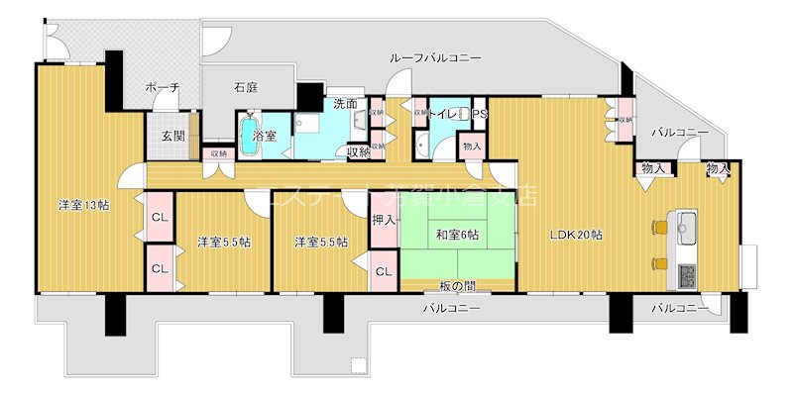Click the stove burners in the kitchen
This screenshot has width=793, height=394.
[x=685, y=272]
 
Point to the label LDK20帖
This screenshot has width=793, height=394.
[x=577, y=236]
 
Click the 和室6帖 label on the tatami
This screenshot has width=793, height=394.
[x=457, y=235]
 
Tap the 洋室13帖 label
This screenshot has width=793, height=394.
[x=83, y=205]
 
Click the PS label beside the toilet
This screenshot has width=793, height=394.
[x=480, y=115]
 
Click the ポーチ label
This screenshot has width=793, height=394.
[x=161, y=87]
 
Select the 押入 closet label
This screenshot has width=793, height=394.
[x=384, y=220]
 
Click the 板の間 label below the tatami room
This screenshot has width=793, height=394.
[x=457, y=285]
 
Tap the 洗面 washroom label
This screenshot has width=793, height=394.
[x=345, y=103]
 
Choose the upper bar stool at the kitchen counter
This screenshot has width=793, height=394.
[x=658, y=228]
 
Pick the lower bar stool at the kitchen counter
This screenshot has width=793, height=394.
[x=658, y=262]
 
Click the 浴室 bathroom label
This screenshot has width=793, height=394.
[x=265, y=135]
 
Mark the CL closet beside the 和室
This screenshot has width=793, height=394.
[x=384, y=269]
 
